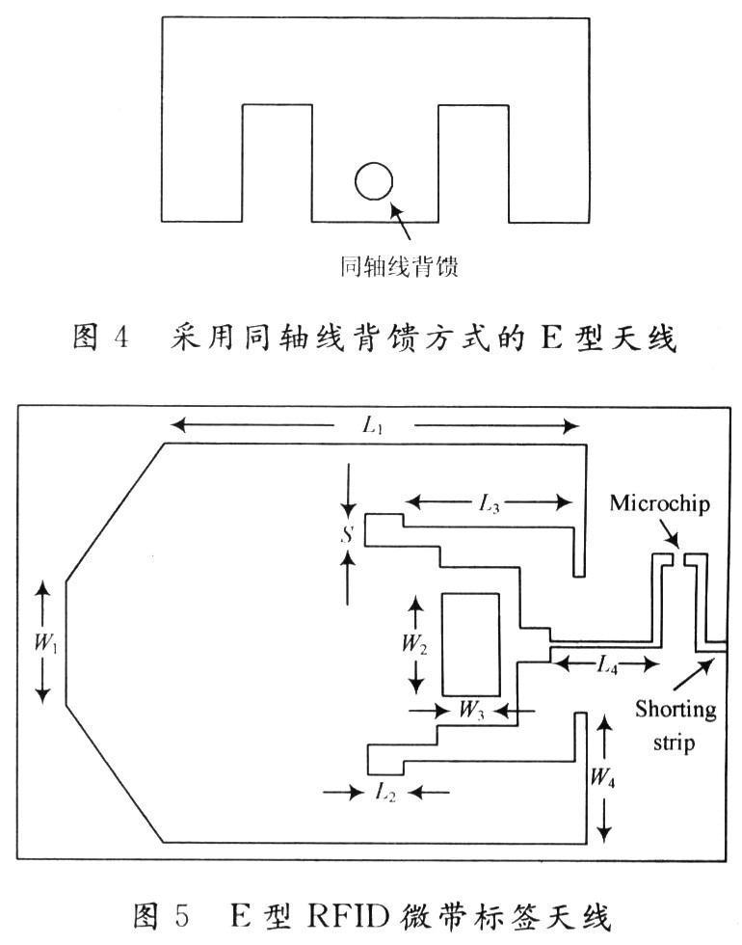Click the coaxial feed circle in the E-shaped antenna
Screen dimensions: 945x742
[374, 180]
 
